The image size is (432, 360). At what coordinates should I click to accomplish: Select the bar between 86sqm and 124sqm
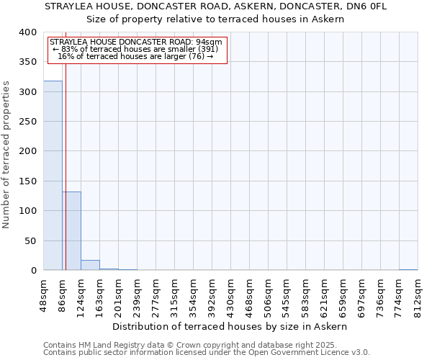[71, 230]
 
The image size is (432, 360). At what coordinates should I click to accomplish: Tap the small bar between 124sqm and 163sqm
[90, 265]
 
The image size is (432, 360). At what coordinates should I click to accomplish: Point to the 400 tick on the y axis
[27, 32]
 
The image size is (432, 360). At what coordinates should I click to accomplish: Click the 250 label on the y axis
[27, 122]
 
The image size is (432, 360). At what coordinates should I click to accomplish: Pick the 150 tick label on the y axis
[27, 181]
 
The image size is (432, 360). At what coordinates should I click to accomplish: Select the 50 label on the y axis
[30, 240]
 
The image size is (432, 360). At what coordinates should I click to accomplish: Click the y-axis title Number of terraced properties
[6, 155]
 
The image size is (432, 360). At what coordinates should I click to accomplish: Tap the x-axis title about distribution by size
[230, 326]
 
